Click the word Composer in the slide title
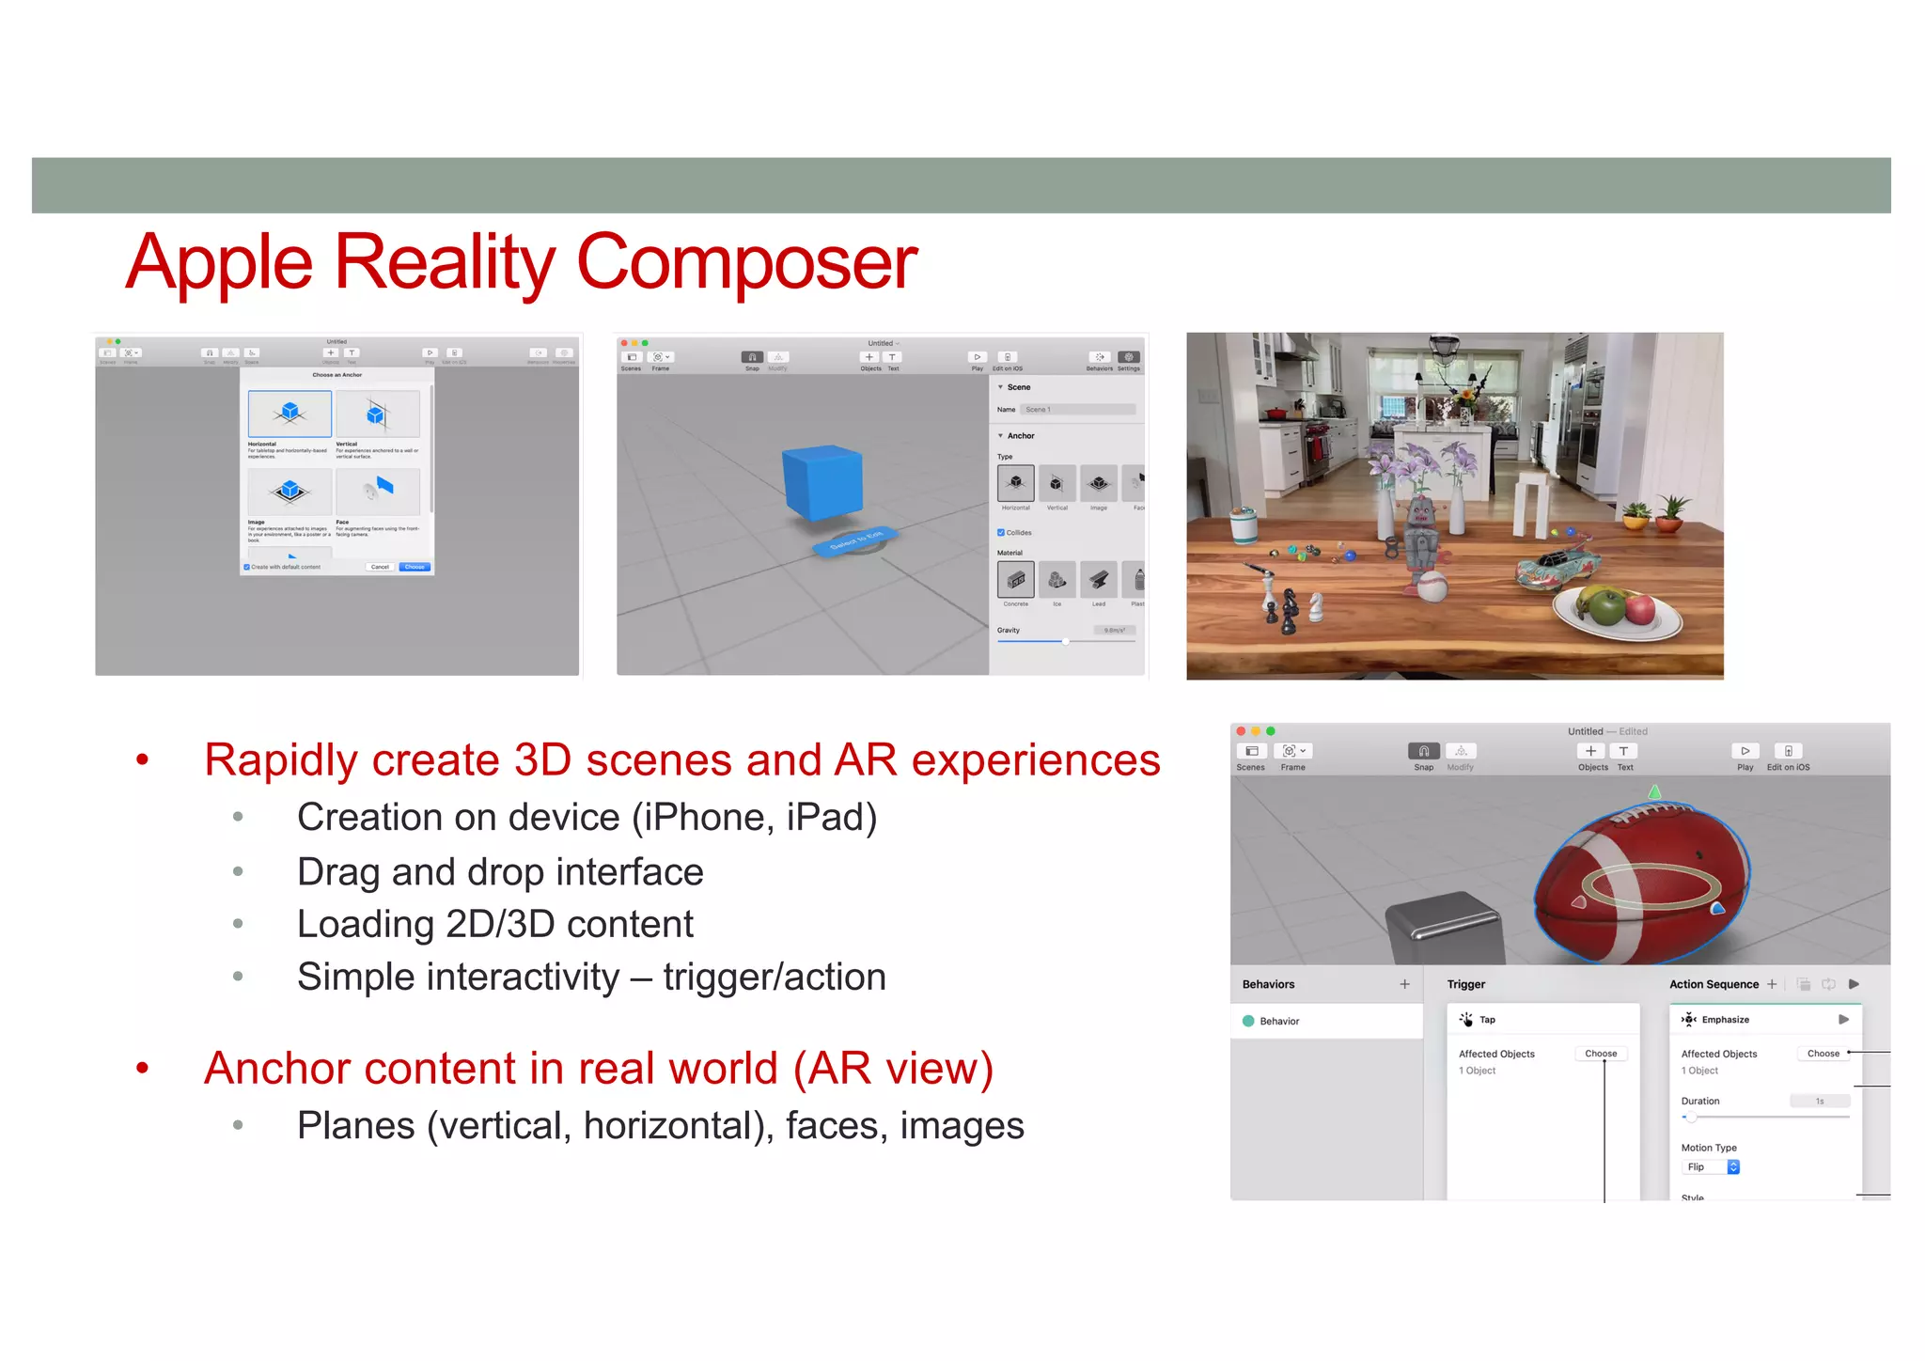click(746, 262)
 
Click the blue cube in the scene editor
click(822, 482)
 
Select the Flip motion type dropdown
click(1710, 1166)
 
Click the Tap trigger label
click(1487, 1020)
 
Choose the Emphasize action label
click(1725, 1020)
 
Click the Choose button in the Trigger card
click(1601, 1054)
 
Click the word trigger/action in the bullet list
click(775, 978)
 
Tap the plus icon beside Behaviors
click(1404, 984)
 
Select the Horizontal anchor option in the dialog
click(290, 414)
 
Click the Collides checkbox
click(1001, 533)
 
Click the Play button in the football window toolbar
click(1745, 751)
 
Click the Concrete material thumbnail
click(1015, 580)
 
